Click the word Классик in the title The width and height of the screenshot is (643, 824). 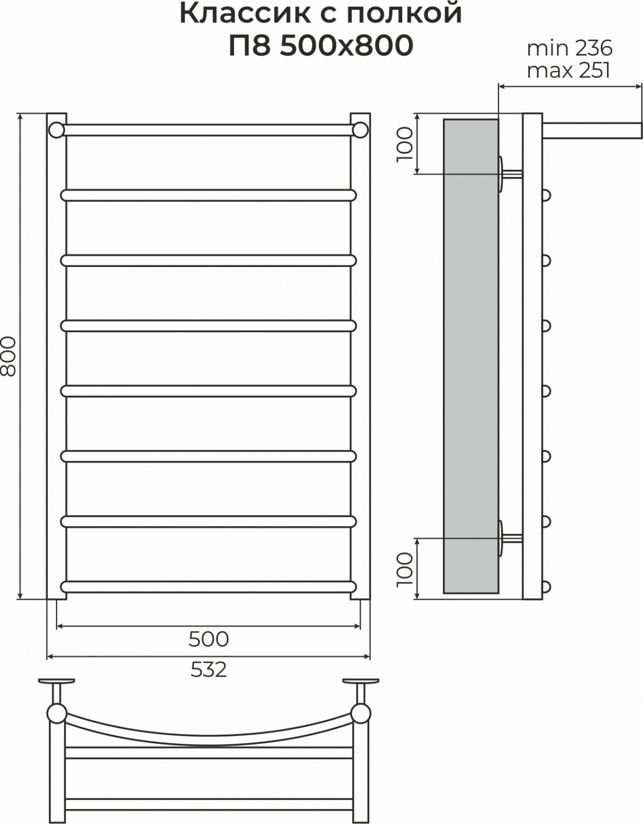point(245,14)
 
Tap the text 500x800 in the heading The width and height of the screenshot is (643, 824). point(346,46)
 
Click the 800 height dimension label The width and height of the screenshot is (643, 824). point(8,357)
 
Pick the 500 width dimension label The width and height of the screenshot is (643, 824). point(209,639)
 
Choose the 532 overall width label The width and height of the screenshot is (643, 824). point(209,670)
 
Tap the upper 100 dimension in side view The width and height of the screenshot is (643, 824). point(404,144)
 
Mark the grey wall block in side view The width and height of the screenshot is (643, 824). point(471,356)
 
